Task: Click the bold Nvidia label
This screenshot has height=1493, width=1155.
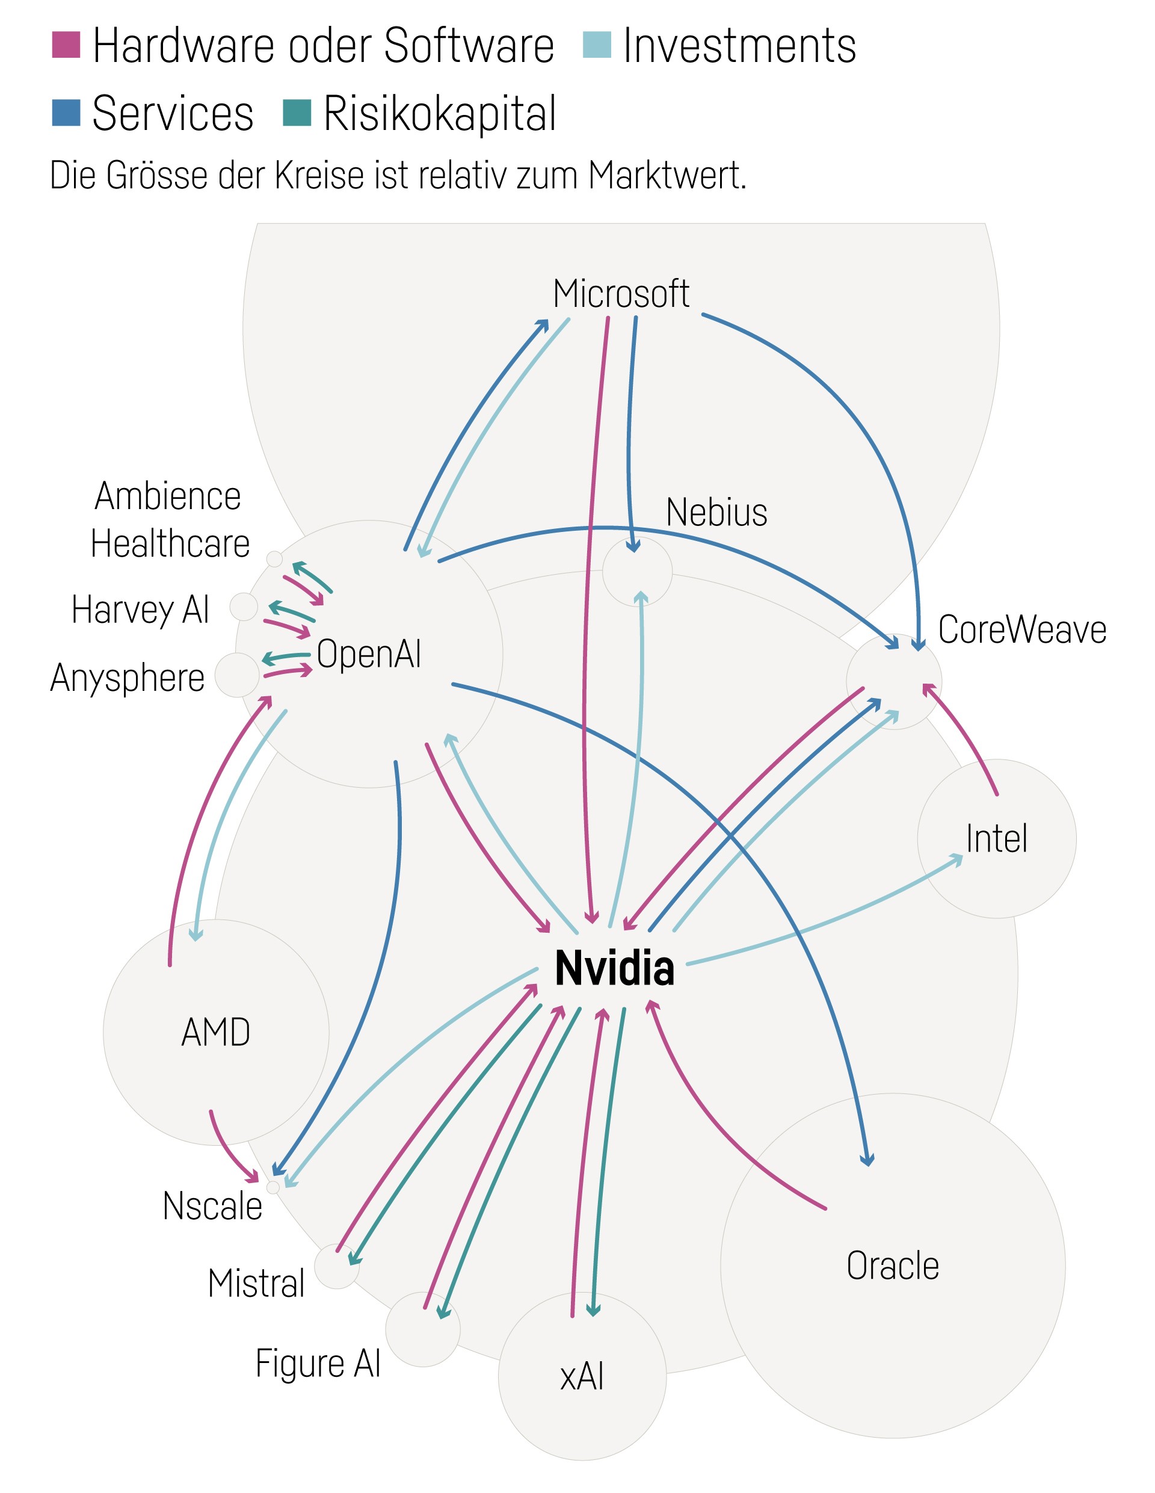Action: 614,968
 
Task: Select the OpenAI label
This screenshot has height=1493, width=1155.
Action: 368,654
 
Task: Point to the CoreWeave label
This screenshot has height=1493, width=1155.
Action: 1021,629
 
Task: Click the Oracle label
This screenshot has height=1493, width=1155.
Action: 892,1266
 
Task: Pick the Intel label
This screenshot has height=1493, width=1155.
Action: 996,838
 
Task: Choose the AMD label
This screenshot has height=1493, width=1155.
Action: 215,1032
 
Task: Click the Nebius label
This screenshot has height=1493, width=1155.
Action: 716,512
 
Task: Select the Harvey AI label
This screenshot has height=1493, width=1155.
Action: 140,609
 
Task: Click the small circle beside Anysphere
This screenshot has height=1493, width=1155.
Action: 237,675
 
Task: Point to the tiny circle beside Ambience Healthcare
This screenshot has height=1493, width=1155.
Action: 274,558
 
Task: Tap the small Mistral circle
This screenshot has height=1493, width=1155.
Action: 336,1266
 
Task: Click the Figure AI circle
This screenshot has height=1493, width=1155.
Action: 422,1329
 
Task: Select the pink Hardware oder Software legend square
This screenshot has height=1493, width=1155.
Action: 66,45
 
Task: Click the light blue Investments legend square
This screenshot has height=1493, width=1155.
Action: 597,45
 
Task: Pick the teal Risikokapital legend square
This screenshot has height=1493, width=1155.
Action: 297,113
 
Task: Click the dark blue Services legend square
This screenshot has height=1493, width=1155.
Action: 66,113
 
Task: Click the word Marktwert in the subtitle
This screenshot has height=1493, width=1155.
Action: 667,175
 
